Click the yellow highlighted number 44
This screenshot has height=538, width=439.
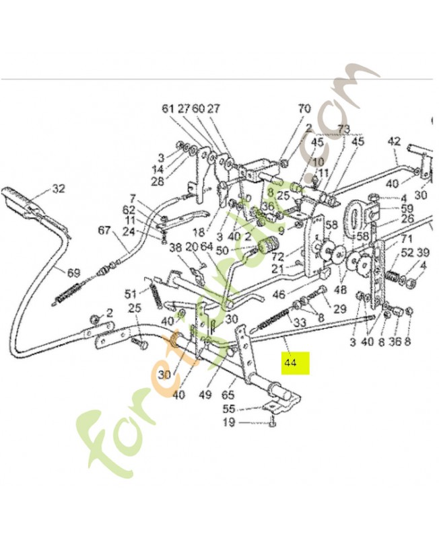291,362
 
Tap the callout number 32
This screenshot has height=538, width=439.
59,188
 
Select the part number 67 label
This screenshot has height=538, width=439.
104,231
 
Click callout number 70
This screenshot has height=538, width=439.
304,108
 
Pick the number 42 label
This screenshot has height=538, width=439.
395,141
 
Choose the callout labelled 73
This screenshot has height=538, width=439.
343,128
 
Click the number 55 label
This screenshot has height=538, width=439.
229,408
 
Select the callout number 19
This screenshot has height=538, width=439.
229,422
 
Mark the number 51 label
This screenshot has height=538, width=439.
131,293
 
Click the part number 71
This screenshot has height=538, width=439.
407,239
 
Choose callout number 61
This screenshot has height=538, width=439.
167,108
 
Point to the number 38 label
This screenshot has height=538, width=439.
176,247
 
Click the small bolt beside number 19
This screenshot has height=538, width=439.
271,422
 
